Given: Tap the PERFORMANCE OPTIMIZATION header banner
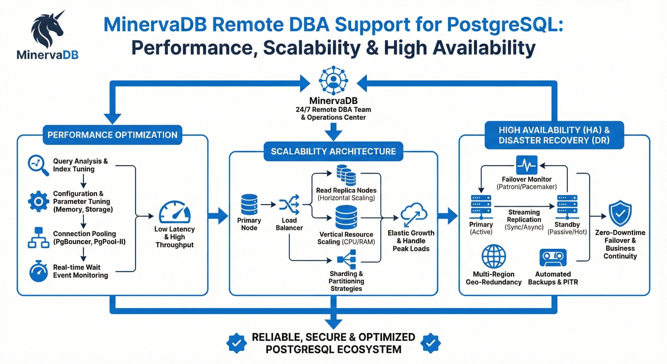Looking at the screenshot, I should (112, 135).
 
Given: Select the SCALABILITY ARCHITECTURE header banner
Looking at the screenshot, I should (333, 151).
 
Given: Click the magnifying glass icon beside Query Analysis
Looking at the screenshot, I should (38, 165).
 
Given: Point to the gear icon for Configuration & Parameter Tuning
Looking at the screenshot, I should (39, 201).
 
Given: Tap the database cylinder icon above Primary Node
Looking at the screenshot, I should (249, 204).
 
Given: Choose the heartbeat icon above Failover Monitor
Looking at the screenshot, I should (527, 165).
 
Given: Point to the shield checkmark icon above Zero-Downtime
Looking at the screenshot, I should (620, 213).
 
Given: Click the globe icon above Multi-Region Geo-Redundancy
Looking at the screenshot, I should (493, 256).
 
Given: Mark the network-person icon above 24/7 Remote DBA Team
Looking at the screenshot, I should (333, 80).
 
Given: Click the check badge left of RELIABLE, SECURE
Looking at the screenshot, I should (236, 343).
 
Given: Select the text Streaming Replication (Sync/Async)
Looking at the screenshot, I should (524, 220).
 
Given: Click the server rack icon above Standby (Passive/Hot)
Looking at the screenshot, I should (567, 206).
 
